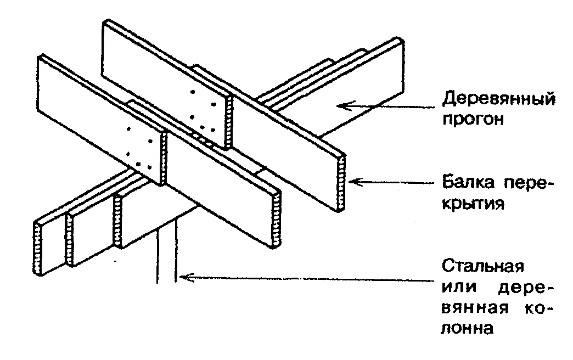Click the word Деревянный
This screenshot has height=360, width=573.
[x=498, y=100]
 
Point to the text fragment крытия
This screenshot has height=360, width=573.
[x=473, y=204]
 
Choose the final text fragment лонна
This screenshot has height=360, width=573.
[x=468, y=329]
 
